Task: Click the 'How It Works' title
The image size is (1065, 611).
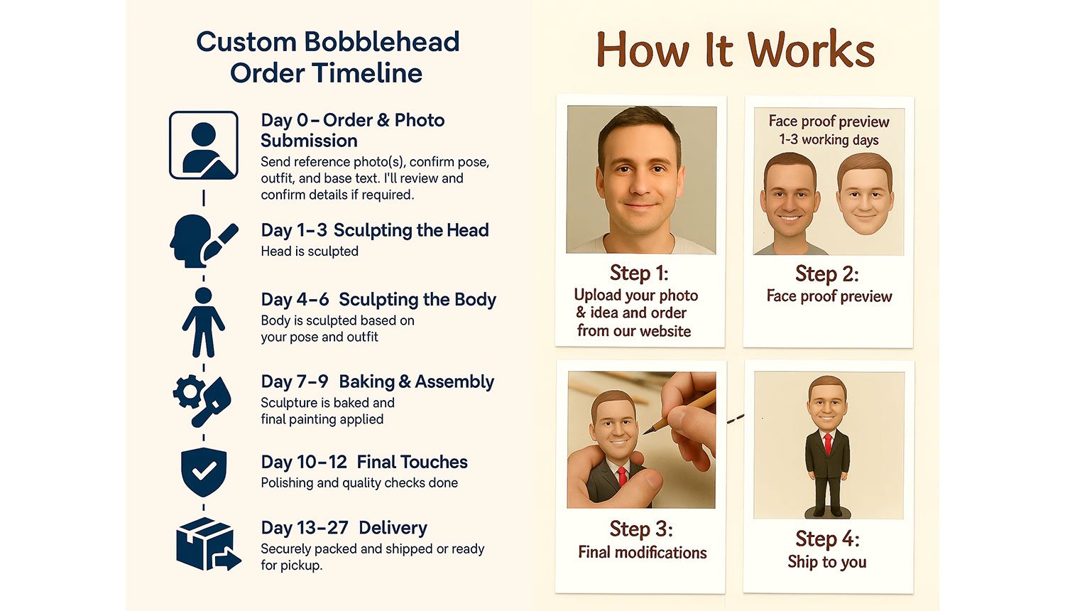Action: (735, 50)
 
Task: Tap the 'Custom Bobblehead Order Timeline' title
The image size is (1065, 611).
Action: (327, 57)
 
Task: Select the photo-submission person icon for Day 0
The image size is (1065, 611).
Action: (204, 145)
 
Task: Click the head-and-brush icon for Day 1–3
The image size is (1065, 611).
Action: (204, 242)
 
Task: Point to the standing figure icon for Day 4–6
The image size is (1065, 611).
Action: (204, 322)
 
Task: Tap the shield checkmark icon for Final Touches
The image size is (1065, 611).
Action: (204, 472)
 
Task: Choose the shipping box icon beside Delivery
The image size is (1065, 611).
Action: (208, 544)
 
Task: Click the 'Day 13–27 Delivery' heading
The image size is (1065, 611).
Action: (344, 528)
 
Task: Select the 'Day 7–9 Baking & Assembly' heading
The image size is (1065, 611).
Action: (378, 382)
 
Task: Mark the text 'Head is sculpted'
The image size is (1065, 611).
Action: (310, 252)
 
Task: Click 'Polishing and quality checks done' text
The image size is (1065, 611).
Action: (359, 483)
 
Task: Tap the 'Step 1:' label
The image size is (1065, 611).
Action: (639, 273)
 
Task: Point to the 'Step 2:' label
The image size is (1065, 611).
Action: (827, 274)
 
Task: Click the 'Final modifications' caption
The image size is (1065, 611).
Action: (643, 553)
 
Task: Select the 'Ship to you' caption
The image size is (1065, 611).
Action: (827, 562)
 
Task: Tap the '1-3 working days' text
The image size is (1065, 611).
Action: (829, 140)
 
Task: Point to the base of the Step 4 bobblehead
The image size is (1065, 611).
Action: (828, 512)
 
